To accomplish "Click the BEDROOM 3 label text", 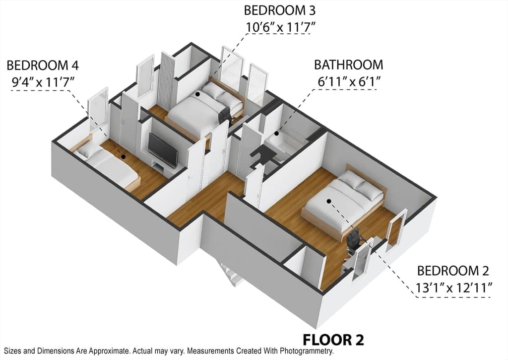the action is click(x=279, y=10).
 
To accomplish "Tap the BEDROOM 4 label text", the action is click(x=43, y=66).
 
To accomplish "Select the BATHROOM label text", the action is click(x=349, y=65).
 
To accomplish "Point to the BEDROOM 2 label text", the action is click(x=453, y=271).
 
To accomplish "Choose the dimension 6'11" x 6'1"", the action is click(x=349, y=82).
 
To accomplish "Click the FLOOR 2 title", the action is click(x=333, y=340).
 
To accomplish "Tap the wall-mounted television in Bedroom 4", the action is click(x=163, y=150).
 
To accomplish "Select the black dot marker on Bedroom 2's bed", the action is click(x=329, y=201).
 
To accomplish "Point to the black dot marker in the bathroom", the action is click(x=277, y=133).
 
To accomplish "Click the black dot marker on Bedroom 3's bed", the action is click(x=197, y=94).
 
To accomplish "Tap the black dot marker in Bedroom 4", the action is click(x=123, y=156).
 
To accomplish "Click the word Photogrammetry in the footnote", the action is click(x=307, y=351).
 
